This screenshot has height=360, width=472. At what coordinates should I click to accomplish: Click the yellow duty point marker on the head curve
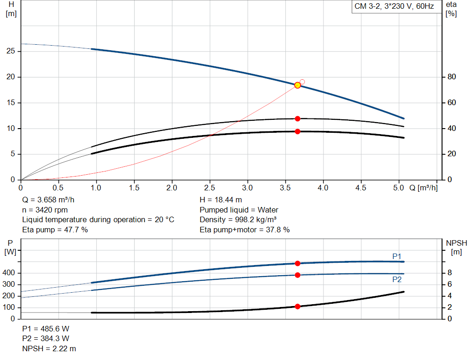297,85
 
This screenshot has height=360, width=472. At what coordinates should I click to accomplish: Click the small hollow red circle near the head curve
302,82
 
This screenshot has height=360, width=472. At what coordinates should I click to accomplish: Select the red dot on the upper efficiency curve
297,119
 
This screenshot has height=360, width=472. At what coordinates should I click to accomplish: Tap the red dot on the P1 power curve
297,263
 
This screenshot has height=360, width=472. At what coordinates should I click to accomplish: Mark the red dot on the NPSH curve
297,307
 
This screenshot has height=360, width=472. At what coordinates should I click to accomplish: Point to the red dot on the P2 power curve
297,275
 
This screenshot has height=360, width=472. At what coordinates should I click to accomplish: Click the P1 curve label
397,256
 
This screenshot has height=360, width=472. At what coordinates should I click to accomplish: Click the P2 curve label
397,279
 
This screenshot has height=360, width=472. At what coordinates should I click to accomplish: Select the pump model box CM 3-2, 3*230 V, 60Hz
394,7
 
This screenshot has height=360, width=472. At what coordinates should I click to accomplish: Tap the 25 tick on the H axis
11,51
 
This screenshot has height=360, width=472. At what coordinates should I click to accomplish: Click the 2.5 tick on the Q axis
210,188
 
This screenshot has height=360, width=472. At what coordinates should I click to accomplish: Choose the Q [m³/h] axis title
423,188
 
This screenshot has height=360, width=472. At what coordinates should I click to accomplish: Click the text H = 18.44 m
221,200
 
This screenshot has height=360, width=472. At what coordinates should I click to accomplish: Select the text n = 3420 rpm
45,210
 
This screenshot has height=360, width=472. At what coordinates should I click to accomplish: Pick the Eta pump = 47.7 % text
55,230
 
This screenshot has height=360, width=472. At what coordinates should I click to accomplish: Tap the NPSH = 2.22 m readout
49,348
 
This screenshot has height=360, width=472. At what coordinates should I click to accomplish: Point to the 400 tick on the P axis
10,273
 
